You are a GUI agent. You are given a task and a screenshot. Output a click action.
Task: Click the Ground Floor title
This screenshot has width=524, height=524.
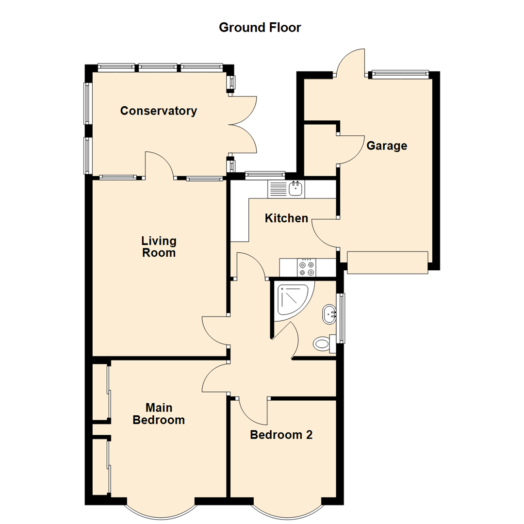[x=260, y=28]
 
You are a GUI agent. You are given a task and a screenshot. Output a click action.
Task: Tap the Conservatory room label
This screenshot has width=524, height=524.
[x=159, y=111]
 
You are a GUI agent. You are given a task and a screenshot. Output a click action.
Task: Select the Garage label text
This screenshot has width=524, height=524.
[x=386, y=146]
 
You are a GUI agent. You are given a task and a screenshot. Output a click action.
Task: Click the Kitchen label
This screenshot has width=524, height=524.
[x=286, y=218]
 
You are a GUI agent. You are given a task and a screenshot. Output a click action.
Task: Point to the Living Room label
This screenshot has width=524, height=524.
[x=159, y=246]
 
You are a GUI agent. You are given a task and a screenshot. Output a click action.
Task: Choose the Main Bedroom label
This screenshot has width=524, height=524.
[x=159, y=413]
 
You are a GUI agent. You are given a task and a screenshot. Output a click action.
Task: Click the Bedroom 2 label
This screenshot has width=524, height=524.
[x=281, y=435]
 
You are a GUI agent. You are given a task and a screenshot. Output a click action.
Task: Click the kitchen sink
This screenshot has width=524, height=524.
[x=295, y=189]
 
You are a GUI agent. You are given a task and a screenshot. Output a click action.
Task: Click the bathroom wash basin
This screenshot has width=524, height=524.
[x=329, y=314]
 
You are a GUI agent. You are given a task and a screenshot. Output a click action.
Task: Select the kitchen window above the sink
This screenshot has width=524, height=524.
[x=265, y=174]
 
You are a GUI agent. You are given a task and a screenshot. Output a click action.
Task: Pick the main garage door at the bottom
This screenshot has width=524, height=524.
[x=388, y=262]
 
